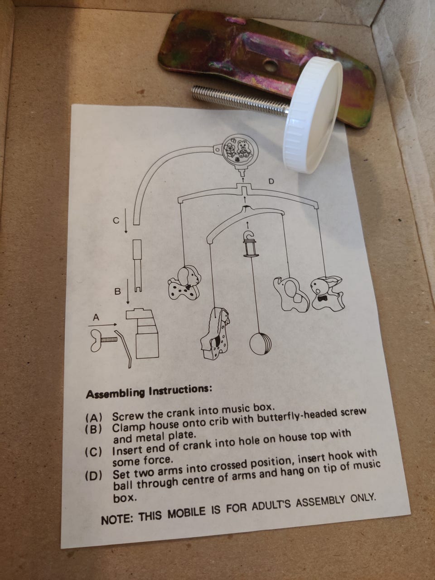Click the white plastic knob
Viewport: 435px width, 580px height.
coord(313,116)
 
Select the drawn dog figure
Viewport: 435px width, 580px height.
coord(184,283)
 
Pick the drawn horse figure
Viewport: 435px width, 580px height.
coord(214,333)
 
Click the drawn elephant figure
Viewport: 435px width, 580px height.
coord(290,293)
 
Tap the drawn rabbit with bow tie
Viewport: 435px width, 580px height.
coord(327,294)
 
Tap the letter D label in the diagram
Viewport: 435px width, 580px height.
coord(271,182)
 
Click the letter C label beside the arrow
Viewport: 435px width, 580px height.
coord(116,220)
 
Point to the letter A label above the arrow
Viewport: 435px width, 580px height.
coord(96,317)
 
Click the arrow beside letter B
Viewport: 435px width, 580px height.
coord(128,292)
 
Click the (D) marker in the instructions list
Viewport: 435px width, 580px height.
coord(93,476)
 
